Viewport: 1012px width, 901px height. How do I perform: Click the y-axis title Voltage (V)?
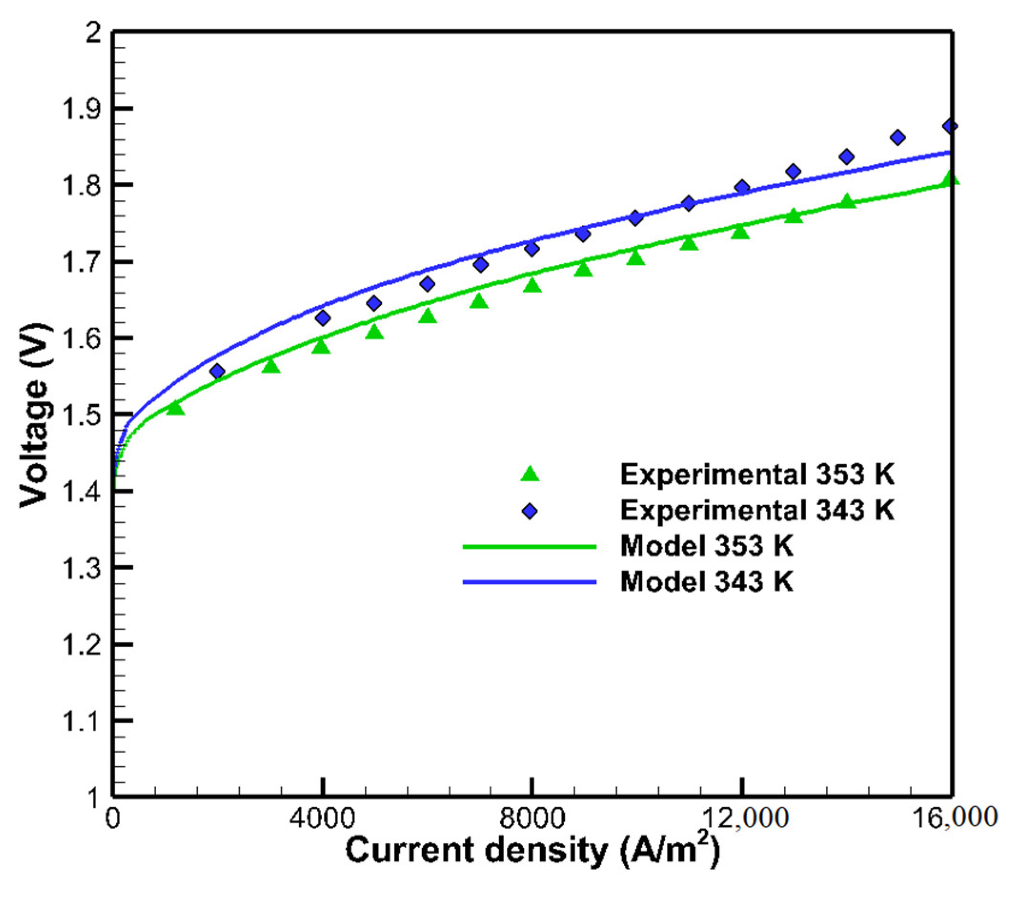pos(36,415)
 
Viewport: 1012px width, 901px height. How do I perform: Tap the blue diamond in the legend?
pos(530,511)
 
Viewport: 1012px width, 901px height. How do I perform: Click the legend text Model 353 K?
pos(707,546)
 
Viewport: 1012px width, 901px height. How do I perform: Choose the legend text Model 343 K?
pos(707,581)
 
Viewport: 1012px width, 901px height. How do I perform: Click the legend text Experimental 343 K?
pos(758,510)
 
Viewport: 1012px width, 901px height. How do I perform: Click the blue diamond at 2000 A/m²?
pos(217,371)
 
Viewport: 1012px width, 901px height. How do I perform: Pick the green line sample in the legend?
pos(530,547)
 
